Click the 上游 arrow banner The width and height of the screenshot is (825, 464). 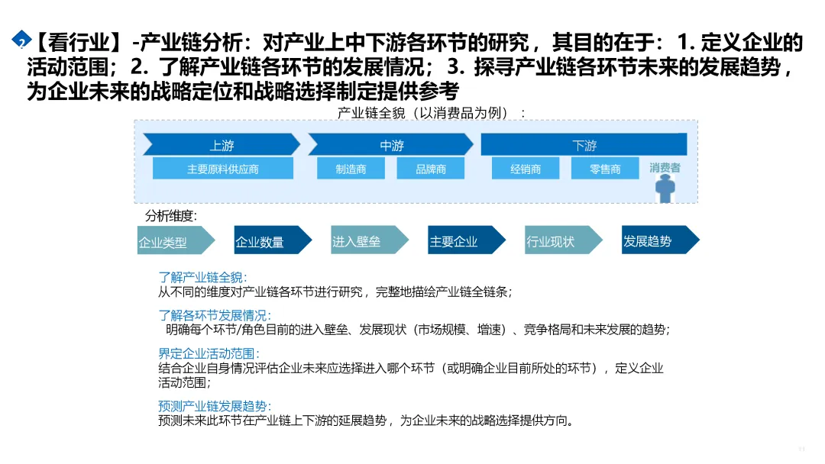[x=222, y=145]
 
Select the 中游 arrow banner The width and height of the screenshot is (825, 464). [x=391, y=145]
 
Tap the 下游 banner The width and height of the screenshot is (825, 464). [x=584, y=145]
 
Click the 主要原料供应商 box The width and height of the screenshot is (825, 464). [x=222, y=169]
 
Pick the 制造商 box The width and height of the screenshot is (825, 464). [x=351, y=169]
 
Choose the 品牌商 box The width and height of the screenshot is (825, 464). [x=431, y=169]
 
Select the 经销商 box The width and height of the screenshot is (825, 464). [x=526, y=169]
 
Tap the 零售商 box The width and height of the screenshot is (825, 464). [x=605, y=169]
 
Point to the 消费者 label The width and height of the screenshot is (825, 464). [x=665, y=167]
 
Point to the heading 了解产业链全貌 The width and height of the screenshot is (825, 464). [x=202, y=278]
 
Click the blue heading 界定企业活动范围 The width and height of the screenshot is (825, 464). [x=209, y=353]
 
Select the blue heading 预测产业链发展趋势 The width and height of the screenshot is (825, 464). [x=215, y=406]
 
